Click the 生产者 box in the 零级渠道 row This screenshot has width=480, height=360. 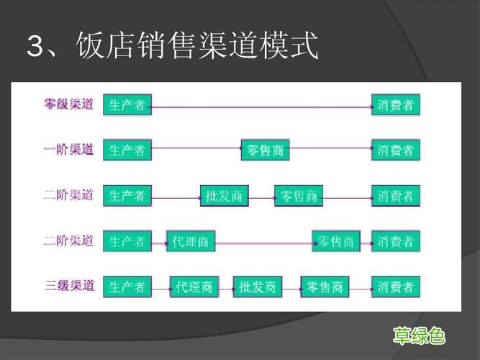coord(127,105)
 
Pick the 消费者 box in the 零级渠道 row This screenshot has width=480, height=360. coord(395,105)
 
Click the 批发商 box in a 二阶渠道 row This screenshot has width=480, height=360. coord(224,196)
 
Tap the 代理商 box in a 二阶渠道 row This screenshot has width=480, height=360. coord(191,241)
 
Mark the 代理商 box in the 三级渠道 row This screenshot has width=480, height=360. coord(194,287)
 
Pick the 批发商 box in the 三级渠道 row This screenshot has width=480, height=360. coord(257,287)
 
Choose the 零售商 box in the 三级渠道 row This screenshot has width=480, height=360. coord(325,287)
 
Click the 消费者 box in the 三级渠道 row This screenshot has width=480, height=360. coord(395,287)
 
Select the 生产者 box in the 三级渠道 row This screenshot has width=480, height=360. coord(127,287)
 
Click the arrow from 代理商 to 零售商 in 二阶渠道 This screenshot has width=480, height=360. coord(263,243)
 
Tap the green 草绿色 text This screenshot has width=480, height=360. coord(418,335)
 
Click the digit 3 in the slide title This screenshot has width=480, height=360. coord(35,47)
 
